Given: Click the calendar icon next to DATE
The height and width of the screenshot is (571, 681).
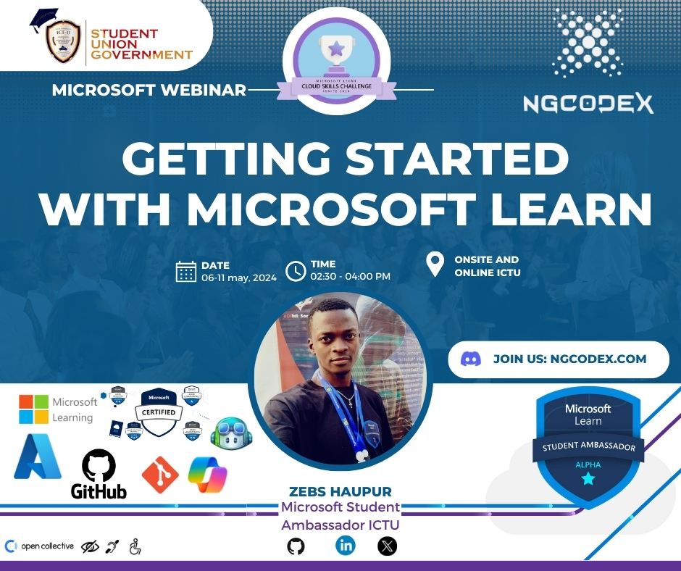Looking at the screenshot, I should pyautogui.click(x=186, y=271).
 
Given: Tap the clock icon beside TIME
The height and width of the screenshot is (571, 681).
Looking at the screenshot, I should pyautogui.click(x=296, y=271).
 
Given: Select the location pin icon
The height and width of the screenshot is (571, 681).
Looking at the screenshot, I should pyautogui.click(x=435, y=264).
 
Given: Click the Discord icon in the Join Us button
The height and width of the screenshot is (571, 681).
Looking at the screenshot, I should pyautogui.click(x=471, y=359).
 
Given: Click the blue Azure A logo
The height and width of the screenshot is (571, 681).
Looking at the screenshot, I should pyautogui.click(x=37, y=457).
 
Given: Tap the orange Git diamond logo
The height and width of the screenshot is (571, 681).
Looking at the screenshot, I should pyautogui.click(x=160, y=475).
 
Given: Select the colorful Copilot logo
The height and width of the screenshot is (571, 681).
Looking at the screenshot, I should pyautogui.click(x=208, y=475).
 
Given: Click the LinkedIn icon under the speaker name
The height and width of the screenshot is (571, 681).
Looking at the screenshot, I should pyautogui.click(x=346, y=546).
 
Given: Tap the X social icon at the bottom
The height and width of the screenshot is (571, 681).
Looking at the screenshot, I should pyautogui.click(x=388, y=546).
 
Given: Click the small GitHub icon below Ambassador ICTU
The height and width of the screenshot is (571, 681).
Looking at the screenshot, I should pyautogui.click(x=296, y=546).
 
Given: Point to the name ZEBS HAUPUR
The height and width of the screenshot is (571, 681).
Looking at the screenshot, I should pyautogui.click(x=340, y=491).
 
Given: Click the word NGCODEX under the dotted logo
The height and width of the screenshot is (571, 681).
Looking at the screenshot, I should pyautogui.click(x=588, y=104).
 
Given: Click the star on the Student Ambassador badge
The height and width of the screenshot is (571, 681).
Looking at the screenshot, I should pyautogui.click(x=588, y=479).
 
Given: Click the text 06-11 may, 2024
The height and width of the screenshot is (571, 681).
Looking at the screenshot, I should pyautogui.click(x=239, y=277).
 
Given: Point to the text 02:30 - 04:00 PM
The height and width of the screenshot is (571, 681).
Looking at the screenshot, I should pyautogui.click(x=351, y=277).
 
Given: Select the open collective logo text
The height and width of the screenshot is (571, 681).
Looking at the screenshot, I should pyautogui.click(x=47, y=546).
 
